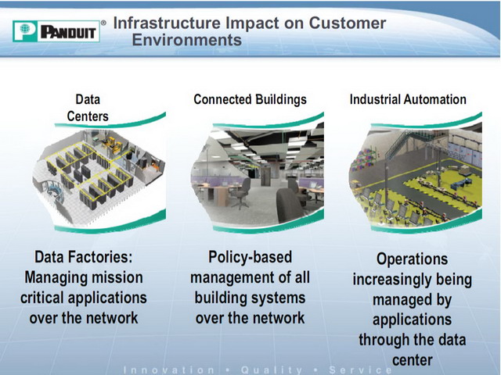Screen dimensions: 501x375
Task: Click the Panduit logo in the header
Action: coord(56,31)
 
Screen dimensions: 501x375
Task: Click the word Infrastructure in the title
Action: coord(167,23)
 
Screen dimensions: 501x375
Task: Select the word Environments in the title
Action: coord(187,40)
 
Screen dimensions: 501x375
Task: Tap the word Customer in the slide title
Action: coord(348,23)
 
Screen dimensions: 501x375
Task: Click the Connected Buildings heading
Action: coord(250,99)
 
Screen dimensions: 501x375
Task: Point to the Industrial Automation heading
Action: coord(408,99)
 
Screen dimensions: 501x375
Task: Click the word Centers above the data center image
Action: coord(88,116)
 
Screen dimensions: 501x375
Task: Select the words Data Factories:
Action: coord(84,257)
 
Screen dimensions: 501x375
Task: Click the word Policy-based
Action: coord(250,257)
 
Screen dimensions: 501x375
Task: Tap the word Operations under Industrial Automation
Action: coord(413,259)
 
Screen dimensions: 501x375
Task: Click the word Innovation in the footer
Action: coord(169,370)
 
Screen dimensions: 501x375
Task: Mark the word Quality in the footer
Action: coord(272,370)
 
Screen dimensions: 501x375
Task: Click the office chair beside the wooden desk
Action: coord(240,192)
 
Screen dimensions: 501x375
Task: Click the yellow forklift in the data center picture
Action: coord(113,145)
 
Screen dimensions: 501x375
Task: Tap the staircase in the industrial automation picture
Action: coord(399,144)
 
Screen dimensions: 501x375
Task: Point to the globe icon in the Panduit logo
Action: coord(25,29)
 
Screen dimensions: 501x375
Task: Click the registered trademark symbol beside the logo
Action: coord(103,23)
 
